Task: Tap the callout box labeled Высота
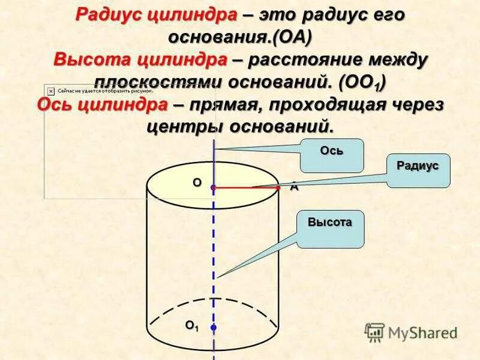click(329, 229)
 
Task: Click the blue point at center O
click(213, 188)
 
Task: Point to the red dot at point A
click(278, 188)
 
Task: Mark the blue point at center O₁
click(213, 327)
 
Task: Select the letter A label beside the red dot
click(294, 187)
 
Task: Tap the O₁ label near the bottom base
click(191, 326)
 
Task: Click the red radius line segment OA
click(246, 188)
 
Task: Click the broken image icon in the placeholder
click(51, 91)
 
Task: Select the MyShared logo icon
click(374, 332)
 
